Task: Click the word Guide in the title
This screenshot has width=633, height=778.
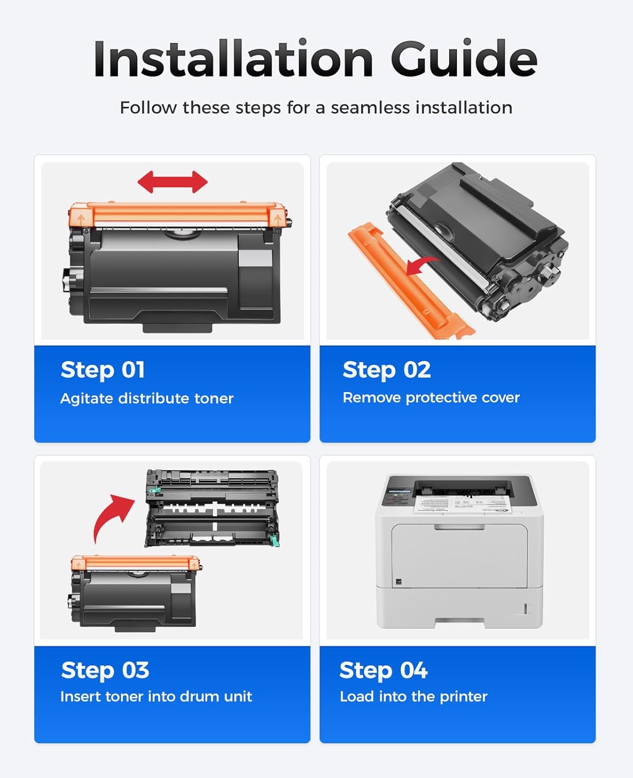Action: (463, 60)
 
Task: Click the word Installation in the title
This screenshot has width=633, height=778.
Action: (233, 60)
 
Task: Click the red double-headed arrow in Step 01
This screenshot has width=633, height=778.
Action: (172, 182)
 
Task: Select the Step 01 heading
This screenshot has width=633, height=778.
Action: (103, 370)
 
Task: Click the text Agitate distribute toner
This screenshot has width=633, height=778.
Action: (147, 398)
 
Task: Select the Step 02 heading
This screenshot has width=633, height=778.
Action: (386, 370)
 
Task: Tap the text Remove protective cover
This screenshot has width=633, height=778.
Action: (431, 398)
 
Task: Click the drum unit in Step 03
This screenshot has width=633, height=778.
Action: (213, 508)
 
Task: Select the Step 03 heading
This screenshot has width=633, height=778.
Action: (105, 670)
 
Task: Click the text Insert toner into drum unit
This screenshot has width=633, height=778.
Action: (156, 697)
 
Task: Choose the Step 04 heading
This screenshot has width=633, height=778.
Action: (383, 670)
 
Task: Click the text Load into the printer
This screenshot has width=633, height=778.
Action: (413, 697)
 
